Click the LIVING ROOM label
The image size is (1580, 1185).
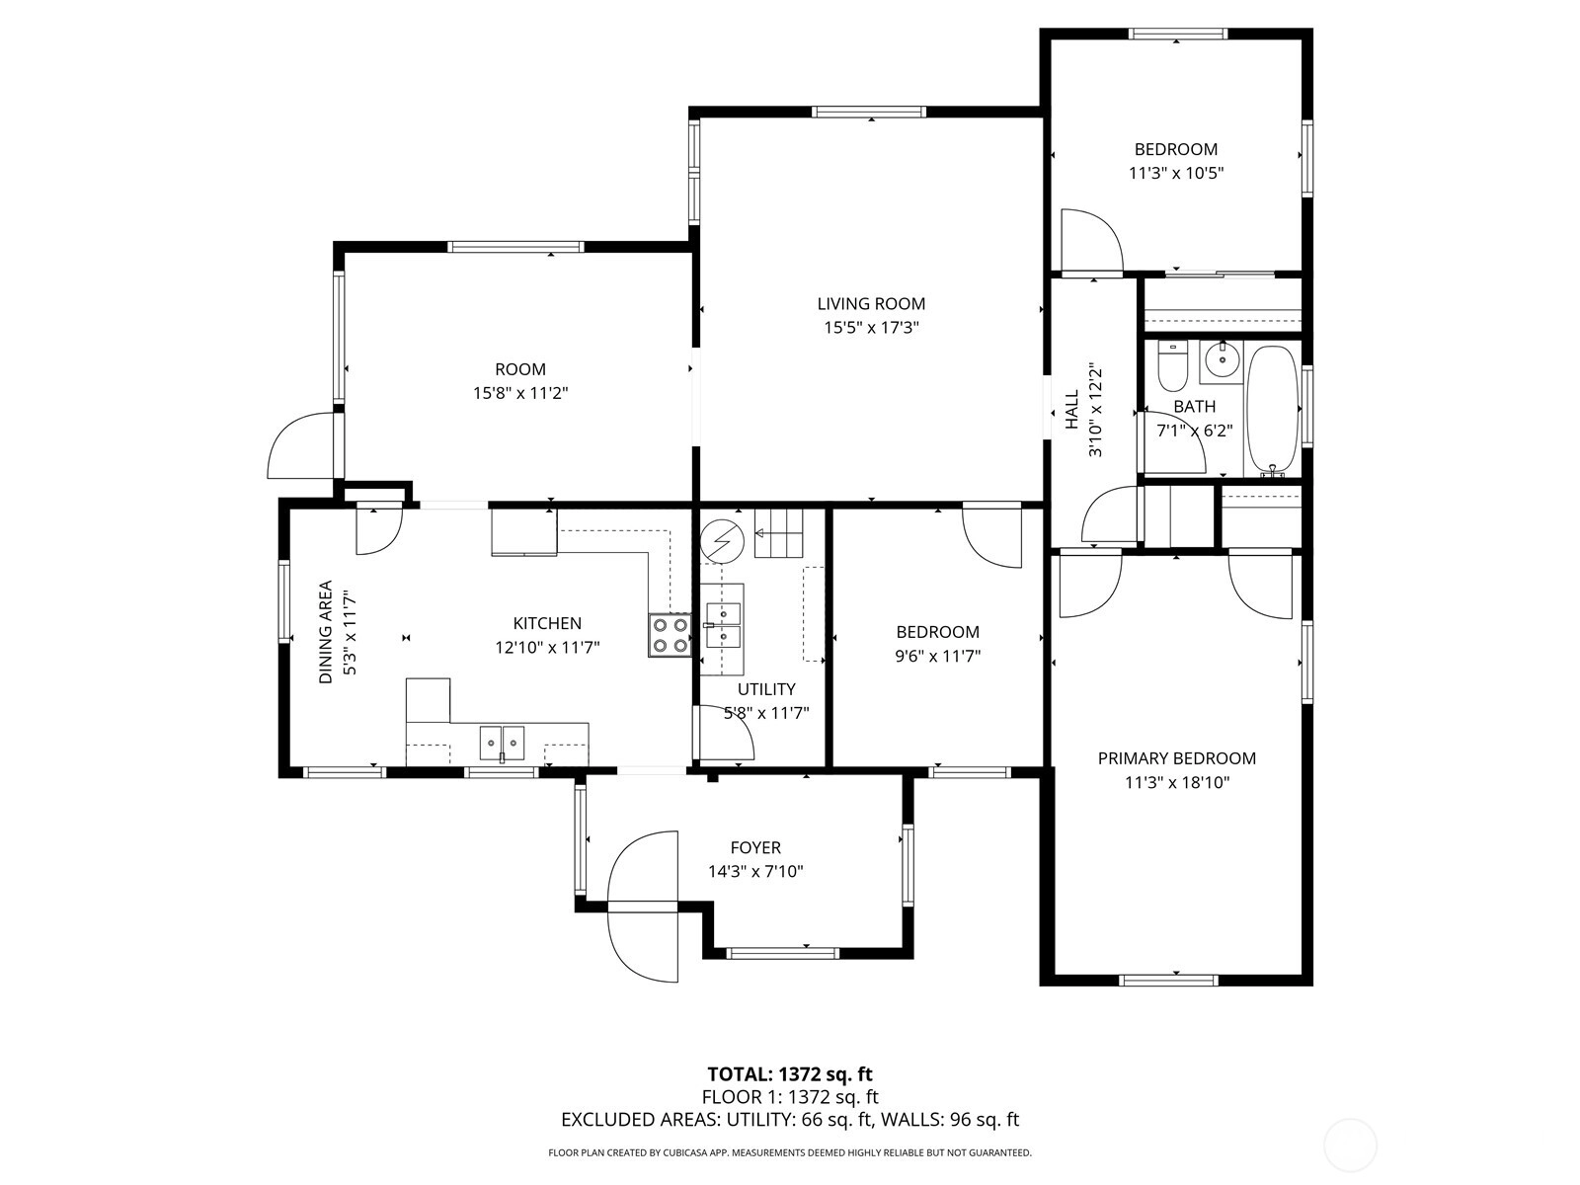871,303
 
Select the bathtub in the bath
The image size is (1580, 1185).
1273,410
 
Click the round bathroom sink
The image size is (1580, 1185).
1221,361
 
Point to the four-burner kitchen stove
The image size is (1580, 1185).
670,635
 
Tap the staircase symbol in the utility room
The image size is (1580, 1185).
778,532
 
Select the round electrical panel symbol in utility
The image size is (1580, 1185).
722,540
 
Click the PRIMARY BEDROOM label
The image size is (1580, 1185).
1177,758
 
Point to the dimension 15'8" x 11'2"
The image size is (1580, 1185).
520,393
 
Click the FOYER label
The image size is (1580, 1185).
755,847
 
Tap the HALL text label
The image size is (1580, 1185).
1072,410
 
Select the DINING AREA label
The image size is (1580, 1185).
325,632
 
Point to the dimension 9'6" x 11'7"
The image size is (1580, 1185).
938,656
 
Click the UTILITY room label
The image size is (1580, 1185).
766,689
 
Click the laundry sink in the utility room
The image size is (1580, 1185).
723,625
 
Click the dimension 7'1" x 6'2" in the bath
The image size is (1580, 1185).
1195,431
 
